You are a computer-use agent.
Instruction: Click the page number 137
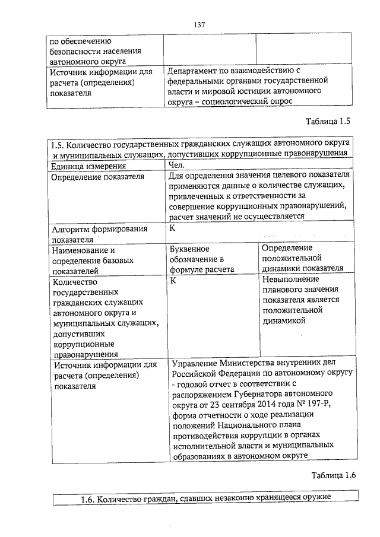pyautogui.click(x=199, y=24)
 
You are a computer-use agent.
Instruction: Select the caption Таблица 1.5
pyautogui.click(x=328, y=122)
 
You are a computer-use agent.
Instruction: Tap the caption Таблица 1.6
pyautogui.click(x=332, y=475)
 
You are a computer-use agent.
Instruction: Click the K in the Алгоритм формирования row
pyautogui.click(x=172, y=228)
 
